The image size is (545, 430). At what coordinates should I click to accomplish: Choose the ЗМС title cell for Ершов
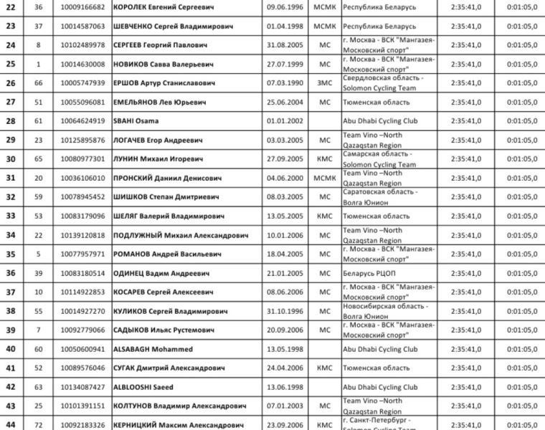coord(325,83)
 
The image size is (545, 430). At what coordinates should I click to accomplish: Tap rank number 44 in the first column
coord(11,425)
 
